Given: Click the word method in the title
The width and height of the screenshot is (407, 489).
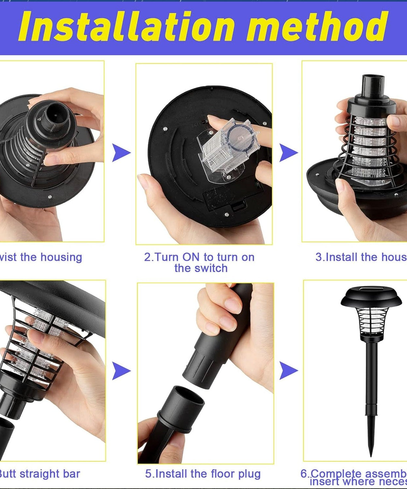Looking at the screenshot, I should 317,27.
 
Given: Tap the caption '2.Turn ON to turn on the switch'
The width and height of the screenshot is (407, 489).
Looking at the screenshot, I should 200,262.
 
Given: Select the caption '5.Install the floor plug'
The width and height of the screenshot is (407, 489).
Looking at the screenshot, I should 203,474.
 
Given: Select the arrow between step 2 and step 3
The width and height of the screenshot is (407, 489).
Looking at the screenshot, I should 288,153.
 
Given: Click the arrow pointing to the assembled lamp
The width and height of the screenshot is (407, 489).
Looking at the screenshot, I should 288,371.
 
